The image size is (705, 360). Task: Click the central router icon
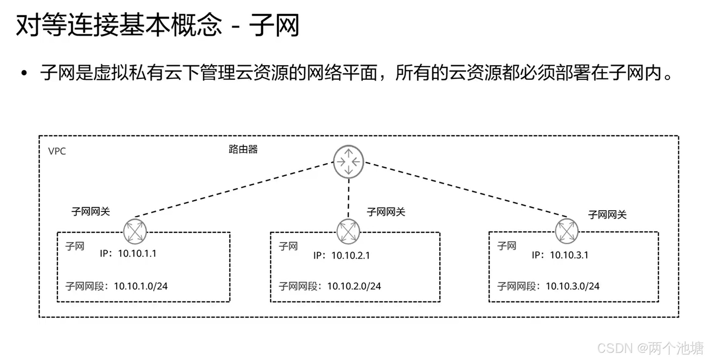348,162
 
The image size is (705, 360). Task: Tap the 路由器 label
243,149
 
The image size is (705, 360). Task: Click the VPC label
57,151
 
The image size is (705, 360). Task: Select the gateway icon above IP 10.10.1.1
135,232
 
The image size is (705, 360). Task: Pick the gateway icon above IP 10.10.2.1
348,232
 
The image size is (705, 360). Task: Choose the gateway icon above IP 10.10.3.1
567,231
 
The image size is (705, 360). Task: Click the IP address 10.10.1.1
137,253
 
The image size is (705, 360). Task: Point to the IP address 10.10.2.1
350,255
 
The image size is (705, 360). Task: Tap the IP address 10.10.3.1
569,255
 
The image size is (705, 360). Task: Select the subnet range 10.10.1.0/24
141,286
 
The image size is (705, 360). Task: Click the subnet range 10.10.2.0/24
354,286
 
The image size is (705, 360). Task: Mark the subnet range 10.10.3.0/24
572,286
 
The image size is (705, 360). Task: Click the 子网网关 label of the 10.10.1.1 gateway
91,212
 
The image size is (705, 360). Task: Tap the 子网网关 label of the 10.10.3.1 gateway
607,215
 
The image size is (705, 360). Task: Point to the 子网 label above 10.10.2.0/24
288,246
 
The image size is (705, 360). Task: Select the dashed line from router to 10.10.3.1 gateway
465,190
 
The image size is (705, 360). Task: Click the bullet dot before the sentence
24,73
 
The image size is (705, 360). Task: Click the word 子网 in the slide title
274,25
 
